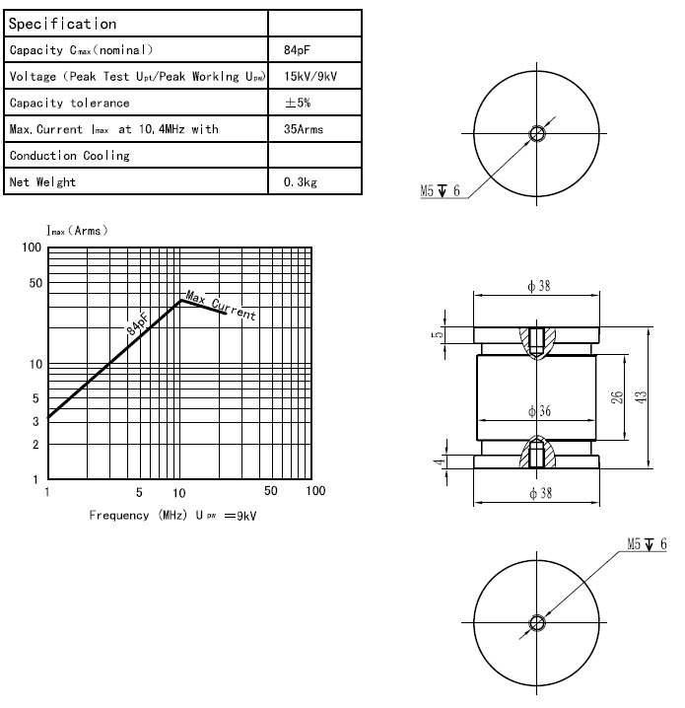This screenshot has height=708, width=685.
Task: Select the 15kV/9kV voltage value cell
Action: click(310, 76)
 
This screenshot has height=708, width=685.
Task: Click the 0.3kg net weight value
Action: click(300, 182)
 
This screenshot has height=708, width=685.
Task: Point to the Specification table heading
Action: click(62, 23)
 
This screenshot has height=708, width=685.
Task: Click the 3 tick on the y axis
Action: click(35, 421)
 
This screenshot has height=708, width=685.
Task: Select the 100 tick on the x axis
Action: click(314, 491)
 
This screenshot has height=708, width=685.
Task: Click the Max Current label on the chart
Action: click(222, 307)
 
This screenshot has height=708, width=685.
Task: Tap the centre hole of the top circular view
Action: click(537, 133)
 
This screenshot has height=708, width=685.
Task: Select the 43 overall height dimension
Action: click(641, 397)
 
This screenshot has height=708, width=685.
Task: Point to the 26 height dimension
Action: click(616, 397)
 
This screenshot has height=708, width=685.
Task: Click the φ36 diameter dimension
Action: click(538, 410)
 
